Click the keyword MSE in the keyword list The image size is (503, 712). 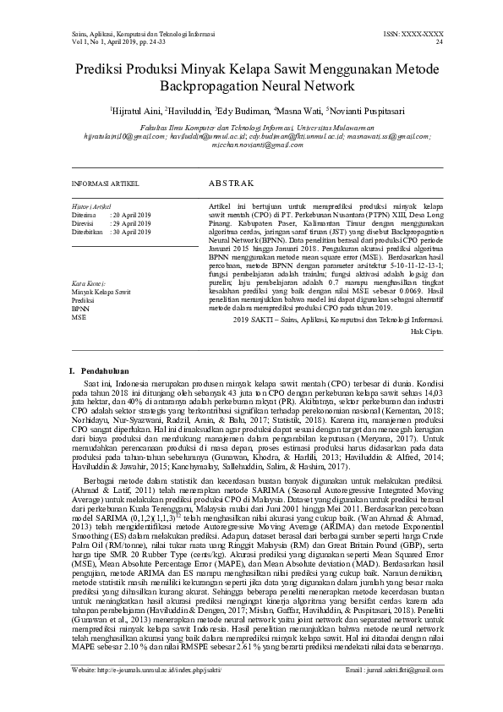(x=79, y=317)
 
